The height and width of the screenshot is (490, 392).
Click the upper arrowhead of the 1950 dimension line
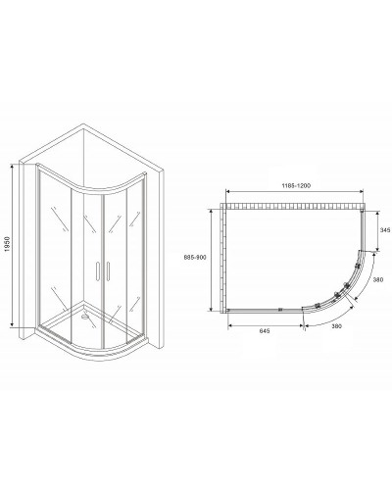[15, 164]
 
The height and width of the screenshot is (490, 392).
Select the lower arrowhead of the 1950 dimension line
[15, 326]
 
